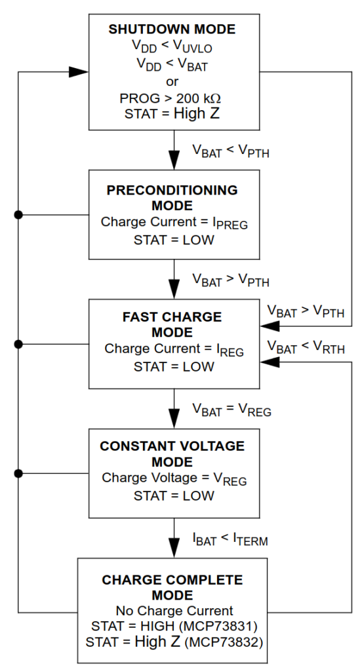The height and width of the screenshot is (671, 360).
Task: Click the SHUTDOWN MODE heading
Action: [x=172, y=29]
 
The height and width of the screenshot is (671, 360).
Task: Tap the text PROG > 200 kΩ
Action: [x=170, y=98]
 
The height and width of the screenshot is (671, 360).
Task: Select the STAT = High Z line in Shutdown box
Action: [x=172, y=114]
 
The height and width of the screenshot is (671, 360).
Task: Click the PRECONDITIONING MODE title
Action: [x=172, y=198]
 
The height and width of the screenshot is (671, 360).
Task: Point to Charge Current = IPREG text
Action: [x=174, y=223]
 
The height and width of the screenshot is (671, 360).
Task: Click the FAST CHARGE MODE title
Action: [x=172, y=324]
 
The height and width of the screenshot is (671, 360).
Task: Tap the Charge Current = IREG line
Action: [x=174, y=350]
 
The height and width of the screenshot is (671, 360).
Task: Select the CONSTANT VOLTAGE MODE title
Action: [x=172, y=453]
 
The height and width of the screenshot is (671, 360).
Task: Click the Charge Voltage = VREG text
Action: [x=174, y=478]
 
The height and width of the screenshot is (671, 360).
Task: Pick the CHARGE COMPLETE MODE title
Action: [x=172, y=588]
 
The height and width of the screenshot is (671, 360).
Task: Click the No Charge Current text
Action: [x=174, y=611]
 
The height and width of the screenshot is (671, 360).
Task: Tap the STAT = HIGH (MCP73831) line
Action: [x=174, y=626]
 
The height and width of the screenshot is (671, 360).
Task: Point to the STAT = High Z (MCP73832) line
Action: [x=174, y=642]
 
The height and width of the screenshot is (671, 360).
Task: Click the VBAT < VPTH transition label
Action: [x=231, y=151]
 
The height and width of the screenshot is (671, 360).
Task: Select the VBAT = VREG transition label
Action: [x=231, y=410]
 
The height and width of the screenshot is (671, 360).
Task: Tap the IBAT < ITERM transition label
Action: [x=230, y=539]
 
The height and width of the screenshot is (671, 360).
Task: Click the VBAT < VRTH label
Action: [x=306, y=347]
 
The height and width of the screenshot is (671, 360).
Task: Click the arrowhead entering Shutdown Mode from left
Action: [x=79, y=72]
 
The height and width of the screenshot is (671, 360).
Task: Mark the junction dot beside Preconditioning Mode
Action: [x=18, y=215]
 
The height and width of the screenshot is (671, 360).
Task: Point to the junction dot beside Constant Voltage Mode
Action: [x=18, y=473]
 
